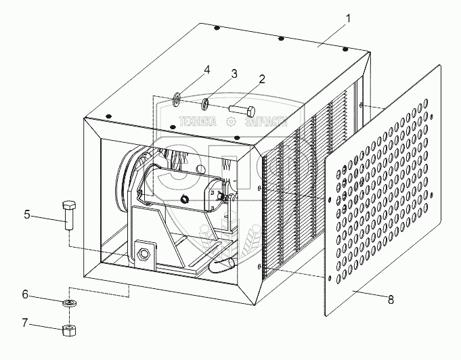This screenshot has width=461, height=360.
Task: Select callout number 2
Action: pos(262,78)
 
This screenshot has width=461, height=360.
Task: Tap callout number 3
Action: pos(234,74)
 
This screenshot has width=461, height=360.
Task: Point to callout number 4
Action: pos(207,70)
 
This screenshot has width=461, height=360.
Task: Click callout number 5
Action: pos(28,215)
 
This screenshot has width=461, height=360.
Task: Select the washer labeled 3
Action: pos(204,104)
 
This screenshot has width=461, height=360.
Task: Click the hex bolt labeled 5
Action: pos(68,214)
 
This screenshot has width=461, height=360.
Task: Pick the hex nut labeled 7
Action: pos(68,331)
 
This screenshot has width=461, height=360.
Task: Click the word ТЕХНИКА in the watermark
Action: pos(196,122)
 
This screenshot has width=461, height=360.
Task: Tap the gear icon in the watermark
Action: pos(231,122)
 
